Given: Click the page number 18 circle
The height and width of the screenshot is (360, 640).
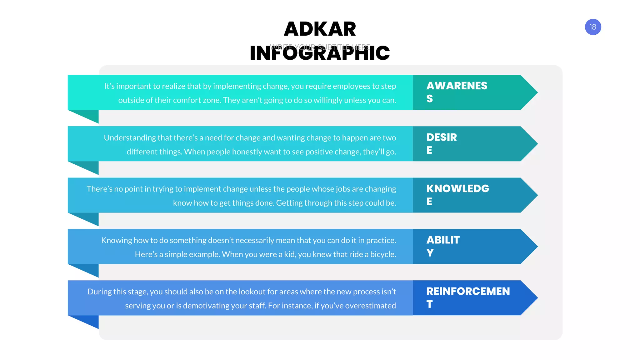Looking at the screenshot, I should pyautogui.click(x=593, y=27).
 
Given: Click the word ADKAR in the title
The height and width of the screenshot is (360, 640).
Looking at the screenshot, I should pyautogui.click(x=320, y=29).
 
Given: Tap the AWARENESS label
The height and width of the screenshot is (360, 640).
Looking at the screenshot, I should pyautogui.click(x=457, y=92).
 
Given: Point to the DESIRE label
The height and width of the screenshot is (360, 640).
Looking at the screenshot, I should pyautogui.click(x=442, y=143).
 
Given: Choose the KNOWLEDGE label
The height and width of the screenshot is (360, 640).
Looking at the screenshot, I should pyautogui.click(x=457, y=194).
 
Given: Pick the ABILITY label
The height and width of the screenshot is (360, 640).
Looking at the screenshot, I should pyautogui.click(x=443, y=246).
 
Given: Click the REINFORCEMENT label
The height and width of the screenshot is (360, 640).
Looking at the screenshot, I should pyautogui.click(x=468, y=297).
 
